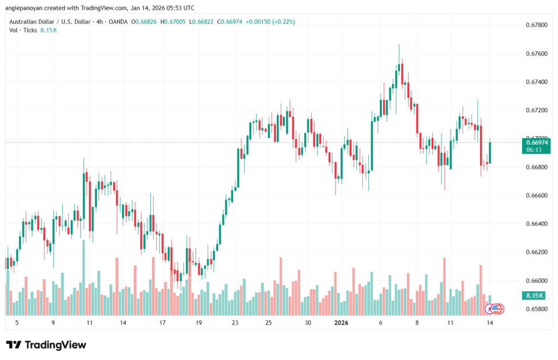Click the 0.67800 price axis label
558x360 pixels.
[x=536, y=25]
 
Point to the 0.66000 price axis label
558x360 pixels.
[x=536, y=280]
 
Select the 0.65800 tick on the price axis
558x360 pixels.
[x=536, y=309]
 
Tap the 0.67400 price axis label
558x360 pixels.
[x=536, y=82]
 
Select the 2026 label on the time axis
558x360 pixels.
[x=341, y=322]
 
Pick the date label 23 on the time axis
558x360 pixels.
[x=235, y=322]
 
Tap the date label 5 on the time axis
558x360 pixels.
[x=17, y=322]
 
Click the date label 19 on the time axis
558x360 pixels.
[x=198, y=322]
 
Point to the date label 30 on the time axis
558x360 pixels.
[x=308, y=322]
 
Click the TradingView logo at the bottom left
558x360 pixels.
[x=46, y=345]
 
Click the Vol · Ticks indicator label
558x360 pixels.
[x=23, y=30]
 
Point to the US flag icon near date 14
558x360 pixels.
[x=495, y=309]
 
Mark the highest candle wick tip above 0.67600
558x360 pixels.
[x=399, y=45]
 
